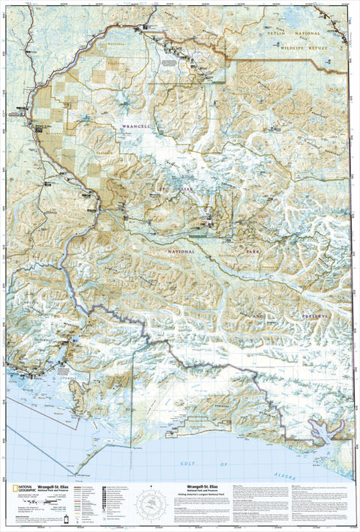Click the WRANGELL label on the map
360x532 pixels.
[136, 127]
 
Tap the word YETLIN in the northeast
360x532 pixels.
[292, 34]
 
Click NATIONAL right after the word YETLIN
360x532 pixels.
[327, 34]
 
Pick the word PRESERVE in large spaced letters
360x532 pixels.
[316, 317]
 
